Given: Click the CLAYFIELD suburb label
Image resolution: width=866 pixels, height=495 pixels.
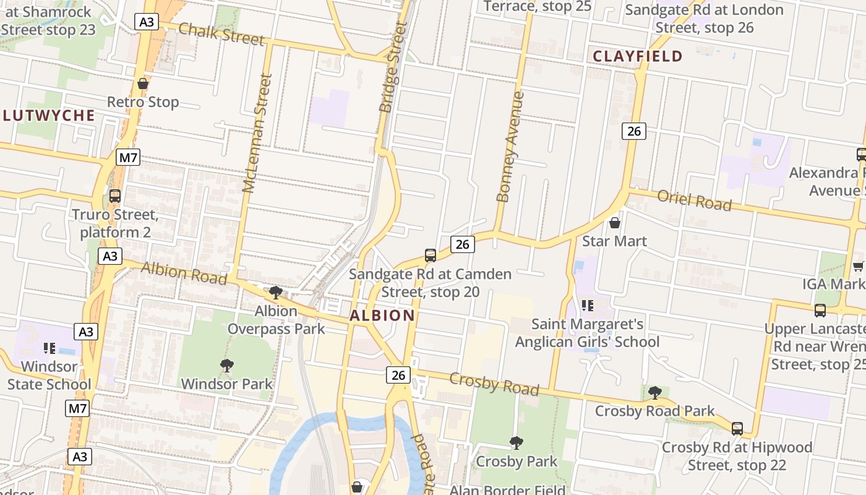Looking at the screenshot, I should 638,56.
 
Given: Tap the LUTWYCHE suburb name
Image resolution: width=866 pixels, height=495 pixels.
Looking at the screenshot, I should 48,116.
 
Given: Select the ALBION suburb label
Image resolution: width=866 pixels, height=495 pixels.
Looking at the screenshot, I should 382,316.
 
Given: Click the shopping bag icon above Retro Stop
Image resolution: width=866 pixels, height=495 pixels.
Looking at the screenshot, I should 143,84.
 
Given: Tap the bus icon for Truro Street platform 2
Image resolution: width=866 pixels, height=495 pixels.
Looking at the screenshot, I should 114,196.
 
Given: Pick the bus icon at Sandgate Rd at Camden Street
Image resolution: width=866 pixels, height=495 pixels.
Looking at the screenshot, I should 430,255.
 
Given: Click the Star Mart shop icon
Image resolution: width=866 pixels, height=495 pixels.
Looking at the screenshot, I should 615,223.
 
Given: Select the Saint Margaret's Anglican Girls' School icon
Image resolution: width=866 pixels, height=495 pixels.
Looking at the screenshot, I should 588,305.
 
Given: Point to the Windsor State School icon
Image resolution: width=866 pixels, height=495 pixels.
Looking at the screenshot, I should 49,348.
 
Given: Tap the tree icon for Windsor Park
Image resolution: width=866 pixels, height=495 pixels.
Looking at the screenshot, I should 227,366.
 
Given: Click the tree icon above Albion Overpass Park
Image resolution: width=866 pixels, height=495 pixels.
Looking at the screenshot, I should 276,292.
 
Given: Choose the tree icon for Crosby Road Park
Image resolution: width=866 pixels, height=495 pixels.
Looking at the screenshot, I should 654,392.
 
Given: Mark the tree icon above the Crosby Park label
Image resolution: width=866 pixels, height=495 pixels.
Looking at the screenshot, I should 516,443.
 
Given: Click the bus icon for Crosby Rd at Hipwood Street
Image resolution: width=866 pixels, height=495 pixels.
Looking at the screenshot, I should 737,428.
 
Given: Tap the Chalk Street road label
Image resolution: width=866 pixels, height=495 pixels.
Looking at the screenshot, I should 221,35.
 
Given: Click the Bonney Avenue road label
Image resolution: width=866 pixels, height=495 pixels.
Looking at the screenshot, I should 511,147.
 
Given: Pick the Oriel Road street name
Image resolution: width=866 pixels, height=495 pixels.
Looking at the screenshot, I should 694,200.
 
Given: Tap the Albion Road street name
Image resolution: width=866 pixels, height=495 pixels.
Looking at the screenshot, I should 184,273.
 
